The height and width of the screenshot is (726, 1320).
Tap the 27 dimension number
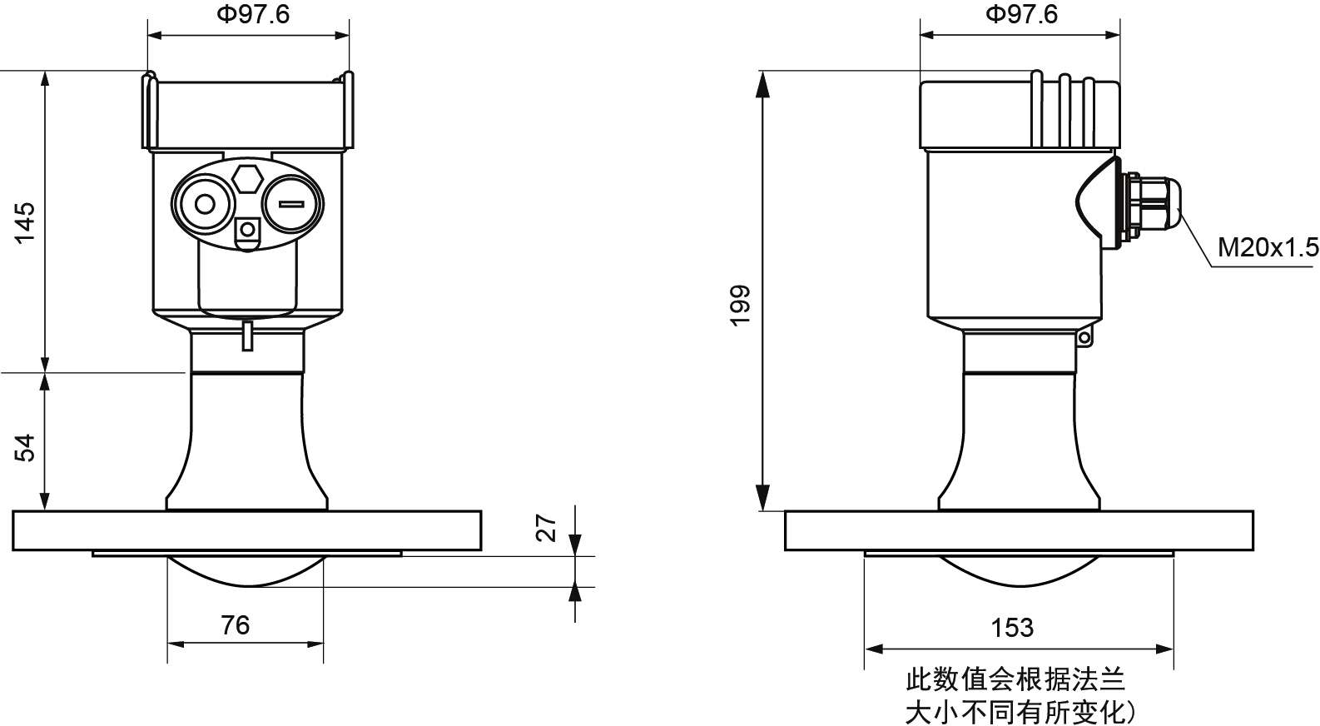point(546,528)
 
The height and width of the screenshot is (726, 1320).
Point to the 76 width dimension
point(236,624)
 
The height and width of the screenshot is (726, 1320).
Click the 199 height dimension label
point(740,306)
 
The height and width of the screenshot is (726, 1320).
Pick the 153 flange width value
point(1012,627)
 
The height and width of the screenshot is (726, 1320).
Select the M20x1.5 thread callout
point(1268,247)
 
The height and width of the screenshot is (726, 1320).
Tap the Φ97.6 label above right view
point(1021,15)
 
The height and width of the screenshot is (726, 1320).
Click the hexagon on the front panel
point(247,179)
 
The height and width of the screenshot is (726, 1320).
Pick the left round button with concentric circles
point(203,204)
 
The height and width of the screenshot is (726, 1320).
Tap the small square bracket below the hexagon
point(247,231)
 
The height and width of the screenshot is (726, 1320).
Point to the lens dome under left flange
point(246,569)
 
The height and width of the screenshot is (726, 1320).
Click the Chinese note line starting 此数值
point(1015,680)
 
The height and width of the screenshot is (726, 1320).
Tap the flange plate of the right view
point(1019,531)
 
